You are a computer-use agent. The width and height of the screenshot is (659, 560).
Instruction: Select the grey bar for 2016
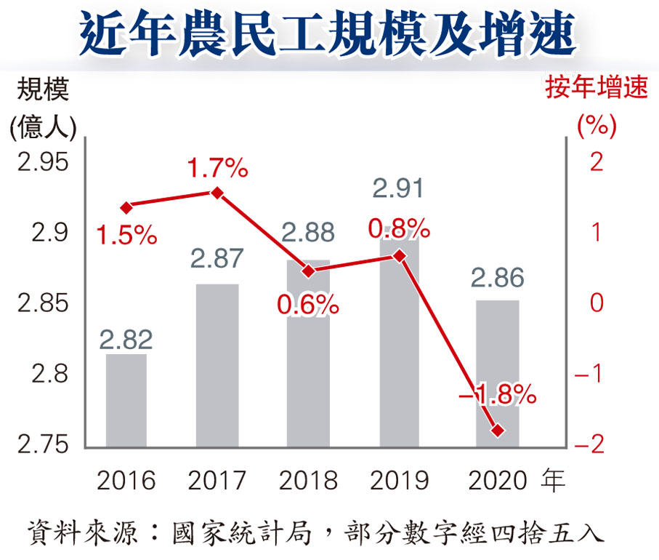coord(126,400)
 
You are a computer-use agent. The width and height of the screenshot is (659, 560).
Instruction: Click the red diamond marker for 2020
coord(498,431)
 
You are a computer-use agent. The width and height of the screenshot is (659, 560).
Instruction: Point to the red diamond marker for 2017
coord(217,193)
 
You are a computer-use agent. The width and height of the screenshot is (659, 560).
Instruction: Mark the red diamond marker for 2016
coord(126,208)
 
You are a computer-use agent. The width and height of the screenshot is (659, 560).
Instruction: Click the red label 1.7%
coord(217,169)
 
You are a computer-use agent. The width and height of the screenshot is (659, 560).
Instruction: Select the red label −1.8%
coord(498,396)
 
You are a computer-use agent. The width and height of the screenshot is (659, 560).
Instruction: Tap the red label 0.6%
coord(308,305)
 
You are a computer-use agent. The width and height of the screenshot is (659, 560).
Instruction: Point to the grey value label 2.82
coord(126,339)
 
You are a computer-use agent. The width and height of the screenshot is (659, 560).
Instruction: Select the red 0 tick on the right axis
coord(597,303)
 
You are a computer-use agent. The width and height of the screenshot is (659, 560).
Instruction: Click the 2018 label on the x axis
coord(308,481)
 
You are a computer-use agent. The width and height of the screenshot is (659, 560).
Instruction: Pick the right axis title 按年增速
coord(596,89)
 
